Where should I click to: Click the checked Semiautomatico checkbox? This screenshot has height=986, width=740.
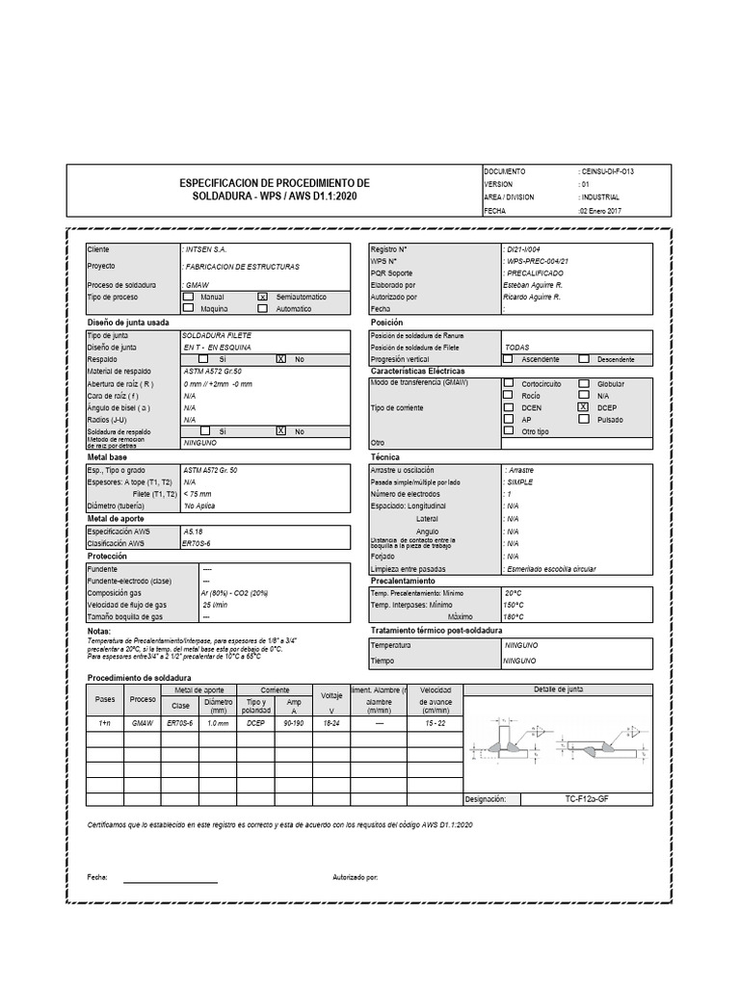click(x=262, y=298)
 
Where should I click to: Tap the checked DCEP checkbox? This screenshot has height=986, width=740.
click(x=583, y=407)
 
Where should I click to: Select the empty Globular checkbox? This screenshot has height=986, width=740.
click(x=583, y=383)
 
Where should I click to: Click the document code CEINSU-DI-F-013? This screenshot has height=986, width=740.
click(x=608, y=170)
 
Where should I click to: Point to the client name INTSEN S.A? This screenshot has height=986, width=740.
click(x=205, y=249)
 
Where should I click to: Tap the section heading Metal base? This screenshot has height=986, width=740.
click(x=108, y=457)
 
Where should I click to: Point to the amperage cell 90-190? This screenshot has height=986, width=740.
click(x=295, y=721)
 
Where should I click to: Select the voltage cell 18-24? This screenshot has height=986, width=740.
click(x=331, y=721)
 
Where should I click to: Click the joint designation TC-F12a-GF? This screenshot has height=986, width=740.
click(x=594, y=799)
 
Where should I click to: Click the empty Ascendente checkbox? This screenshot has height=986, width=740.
click(x=508, y=359)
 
